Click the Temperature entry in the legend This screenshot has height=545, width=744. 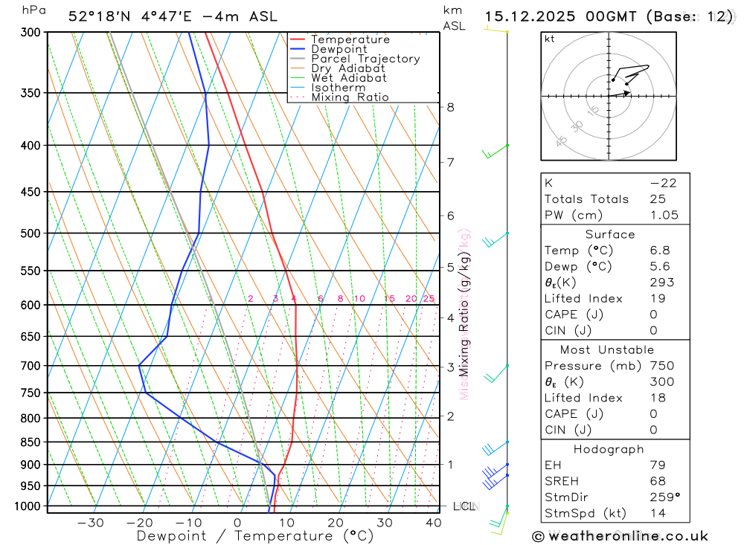click(x=350, y=39)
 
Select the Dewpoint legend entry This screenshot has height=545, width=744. click(x=339, y=49)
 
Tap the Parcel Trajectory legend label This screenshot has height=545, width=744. click(x=365, y=59)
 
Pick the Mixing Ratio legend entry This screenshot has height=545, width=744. click(x=350, y=97)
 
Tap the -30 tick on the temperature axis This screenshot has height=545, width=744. click(x=90, y=523)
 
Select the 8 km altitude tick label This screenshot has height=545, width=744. click(x=450, y=107)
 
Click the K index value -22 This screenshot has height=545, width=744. click(x=663, y=183)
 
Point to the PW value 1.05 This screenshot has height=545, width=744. click(x=664, y=215)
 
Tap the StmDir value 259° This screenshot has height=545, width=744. click(x=664, y=497)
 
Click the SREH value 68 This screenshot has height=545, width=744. click(x=657, y=481)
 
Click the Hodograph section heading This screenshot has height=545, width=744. click(x=609, y=449)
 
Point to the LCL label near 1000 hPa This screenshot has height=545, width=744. click(x=464, y=506)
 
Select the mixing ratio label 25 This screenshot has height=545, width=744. click(x=429, y=299)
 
